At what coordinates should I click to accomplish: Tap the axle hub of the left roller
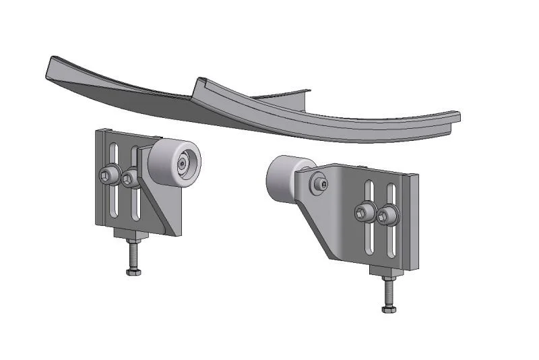click(183, 164)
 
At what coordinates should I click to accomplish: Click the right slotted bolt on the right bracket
click(386, 216)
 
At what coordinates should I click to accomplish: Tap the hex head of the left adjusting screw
click(132, 272)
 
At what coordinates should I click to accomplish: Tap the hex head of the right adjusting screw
click(387, 309)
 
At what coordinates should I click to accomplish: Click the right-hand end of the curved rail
click(453, 117)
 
